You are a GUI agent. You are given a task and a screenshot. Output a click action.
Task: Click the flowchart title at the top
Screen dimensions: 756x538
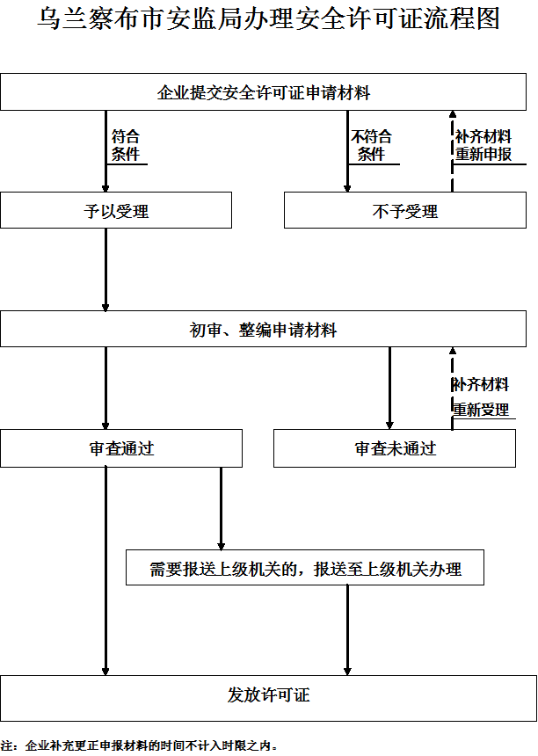(x=269, y=20)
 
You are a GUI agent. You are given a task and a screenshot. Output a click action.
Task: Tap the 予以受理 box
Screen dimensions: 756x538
(x=116, y=211)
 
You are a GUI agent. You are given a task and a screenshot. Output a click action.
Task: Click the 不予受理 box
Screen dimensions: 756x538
(x=404, y=211)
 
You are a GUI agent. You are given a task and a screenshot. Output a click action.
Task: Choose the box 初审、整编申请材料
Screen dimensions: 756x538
(x=264, y=330)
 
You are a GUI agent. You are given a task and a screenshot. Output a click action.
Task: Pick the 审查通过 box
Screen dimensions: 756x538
(x=121, y=448)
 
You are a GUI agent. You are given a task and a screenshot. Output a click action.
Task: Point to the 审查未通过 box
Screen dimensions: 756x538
(x=395, y=448)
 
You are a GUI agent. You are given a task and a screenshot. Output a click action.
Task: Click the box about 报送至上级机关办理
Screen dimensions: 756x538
(x=305, y=569)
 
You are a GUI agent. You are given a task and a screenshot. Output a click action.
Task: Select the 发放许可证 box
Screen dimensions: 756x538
(x=269, y=695)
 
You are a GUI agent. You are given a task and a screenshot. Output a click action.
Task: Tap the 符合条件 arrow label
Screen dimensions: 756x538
(x=126, y=146)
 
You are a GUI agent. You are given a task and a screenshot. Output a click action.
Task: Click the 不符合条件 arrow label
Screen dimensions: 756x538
(x=372, y=146)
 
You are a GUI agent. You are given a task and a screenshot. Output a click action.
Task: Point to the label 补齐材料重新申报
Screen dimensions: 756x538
(x=483, y=146)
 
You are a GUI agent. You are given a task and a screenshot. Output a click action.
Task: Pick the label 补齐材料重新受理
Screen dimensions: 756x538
(x=481, y=397)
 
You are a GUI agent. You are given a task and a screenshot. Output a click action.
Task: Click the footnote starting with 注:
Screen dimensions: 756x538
(x=141, y=745)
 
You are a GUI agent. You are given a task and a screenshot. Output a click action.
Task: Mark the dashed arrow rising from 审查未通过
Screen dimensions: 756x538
(x=452, y=387)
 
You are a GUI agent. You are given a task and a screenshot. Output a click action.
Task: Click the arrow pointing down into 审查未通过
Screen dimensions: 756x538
(x=390, y=388)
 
